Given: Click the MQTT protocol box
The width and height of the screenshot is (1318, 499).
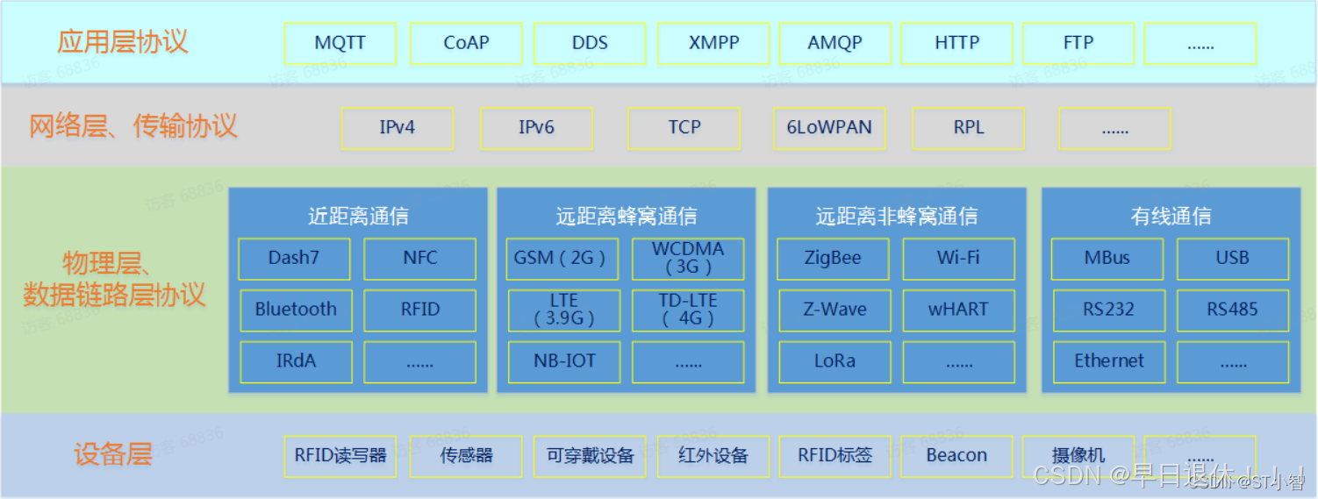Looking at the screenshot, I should tap(340, 43).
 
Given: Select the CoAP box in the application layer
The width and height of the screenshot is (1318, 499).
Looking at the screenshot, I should tap(466, 43).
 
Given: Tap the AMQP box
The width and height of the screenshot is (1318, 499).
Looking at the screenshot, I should tap(834, 43).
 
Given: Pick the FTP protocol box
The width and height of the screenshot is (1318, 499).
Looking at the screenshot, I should tap(1078, 43).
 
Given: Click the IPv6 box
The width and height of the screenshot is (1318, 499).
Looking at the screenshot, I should tap(536, 128).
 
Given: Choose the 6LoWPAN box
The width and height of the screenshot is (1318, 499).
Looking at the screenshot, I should tap(829, 128).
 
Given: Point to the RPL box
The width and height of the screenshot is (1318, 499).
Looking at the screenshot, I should tap(968, 128).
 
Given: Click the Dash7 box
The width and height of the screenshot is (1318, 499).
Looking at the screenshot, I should tap(294, 259).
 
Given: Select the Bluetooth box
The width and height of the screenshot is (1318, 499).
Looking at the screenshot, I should tap(296, 310).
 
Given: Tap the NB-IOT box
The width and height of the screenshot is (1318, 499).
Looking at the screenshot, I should tap(564, 361).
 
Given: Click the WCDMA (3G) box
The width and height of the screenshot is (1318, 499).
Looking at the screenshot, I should tap(688, 259).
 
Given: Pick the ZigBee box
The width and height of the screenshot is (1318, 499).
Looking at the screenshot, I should tap(833, 259).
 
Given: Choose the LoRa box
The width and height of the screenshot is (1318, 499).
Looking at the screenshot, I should tap(834, 361).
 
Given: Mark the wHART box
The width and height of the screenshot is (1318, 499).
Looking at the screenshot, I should tap(958, 310).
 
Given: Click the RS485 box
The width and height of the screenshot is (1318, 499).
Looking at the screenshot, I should tap(1232, 310).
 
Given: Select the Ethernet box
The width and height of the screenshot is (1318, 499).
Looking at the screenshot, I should tap(1109, 361).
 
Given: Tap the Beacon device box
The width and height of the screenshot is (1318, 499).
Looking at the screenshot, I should tap(956, 456).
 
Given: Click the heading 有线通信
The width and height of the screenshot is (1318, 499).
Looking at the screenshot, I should tap(1171, 216).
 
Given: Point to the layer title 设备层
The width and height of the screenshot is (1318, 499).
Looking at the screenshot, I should tap(113, 455).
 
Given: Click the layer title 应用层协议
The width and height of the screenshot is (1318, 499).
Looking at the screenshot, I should tap(123, 42).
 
